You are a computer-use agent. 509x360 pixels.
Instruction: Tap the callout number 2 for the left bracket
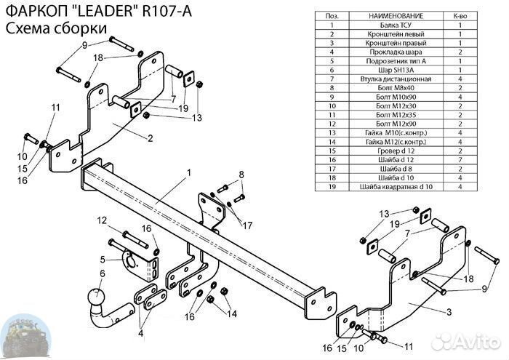coord(150,138)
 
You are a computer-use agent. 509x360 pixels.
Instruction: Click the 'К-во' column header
coord(460,15)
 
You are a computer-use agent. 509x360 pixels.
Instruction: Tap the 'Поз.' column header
coord(332,15)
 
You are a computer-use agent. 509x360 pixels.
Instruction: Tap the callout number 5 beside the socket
coord(103,258)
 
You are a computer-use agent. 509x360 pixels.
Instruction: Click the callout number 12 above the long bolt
coord(101,220)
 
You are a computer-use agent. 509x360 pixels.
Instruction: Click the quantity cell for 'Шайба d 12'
coord(460,160)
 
